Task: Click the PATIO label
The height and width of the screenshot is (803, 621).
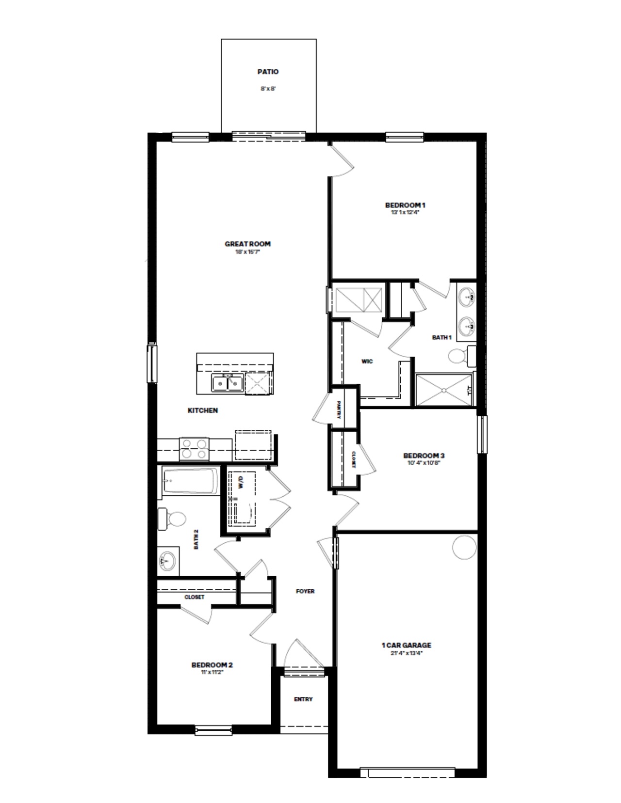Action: [268, 72]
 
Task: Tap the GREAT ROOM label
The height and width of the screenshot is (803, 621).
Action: [247, 244]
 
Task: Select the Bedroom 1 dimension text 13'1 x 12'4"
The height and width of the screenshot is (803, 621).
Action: [405, 212]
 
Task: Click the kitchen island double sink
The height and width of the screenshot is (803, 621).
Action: [227, 383]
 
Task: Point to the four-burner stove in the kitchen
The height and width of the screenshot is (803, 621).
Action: [194, 448]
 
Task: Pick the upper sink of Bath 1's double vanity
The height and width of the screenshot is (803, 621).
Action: [468, 296]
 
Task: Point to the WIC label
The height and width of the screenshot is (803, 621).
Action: [367, 362]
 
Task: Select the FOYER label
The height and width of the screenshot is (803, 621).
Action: [305, 591]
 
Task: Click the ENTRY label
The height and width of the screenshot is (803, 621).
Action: [303, 699]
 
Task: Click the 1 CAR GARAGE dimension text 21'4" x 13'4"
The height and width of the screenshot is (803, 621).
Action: [406, 653]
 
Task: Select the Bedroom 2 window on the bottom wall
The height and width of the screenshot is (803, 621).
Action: [213, 730]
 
